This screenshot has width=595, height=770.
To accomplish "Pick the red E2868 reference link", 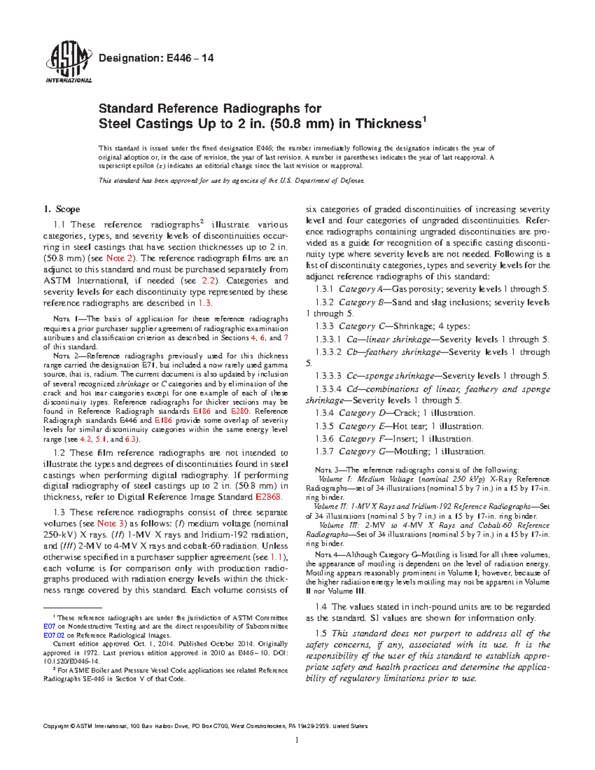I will tap(268, 497).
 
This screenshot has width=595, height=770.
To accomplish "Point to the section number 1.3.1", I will tap(325, 289).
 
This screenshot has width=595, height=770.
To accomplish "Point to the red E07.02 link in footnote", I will tap(54, 635).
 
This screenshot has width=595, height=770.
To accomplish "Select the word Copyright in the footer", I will tap(56, 726).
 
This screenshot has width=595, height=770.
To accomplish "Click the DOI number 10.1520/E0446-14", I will tap(72, 661).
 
